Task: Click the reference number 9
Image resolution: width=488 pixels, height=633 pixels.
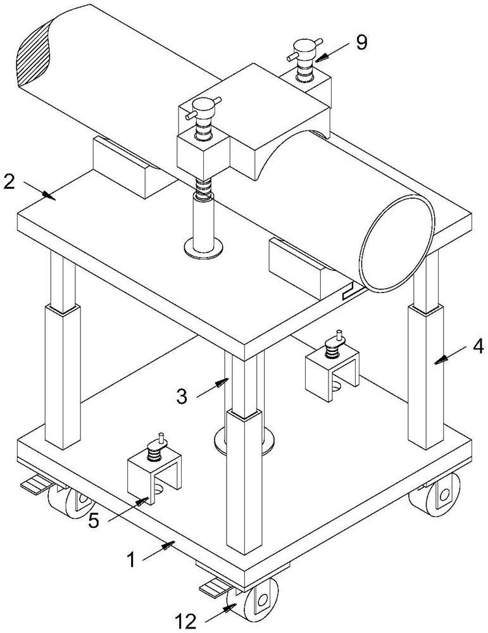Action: [361, 42]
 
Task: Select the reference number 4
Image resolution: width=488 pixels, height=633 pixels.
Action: [478, 346]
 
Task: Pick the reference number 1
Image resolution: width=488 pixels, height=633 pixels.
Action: [131, 560]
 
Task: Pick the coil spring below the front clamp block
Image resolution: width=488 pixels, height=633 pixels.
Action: [203, 187]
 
